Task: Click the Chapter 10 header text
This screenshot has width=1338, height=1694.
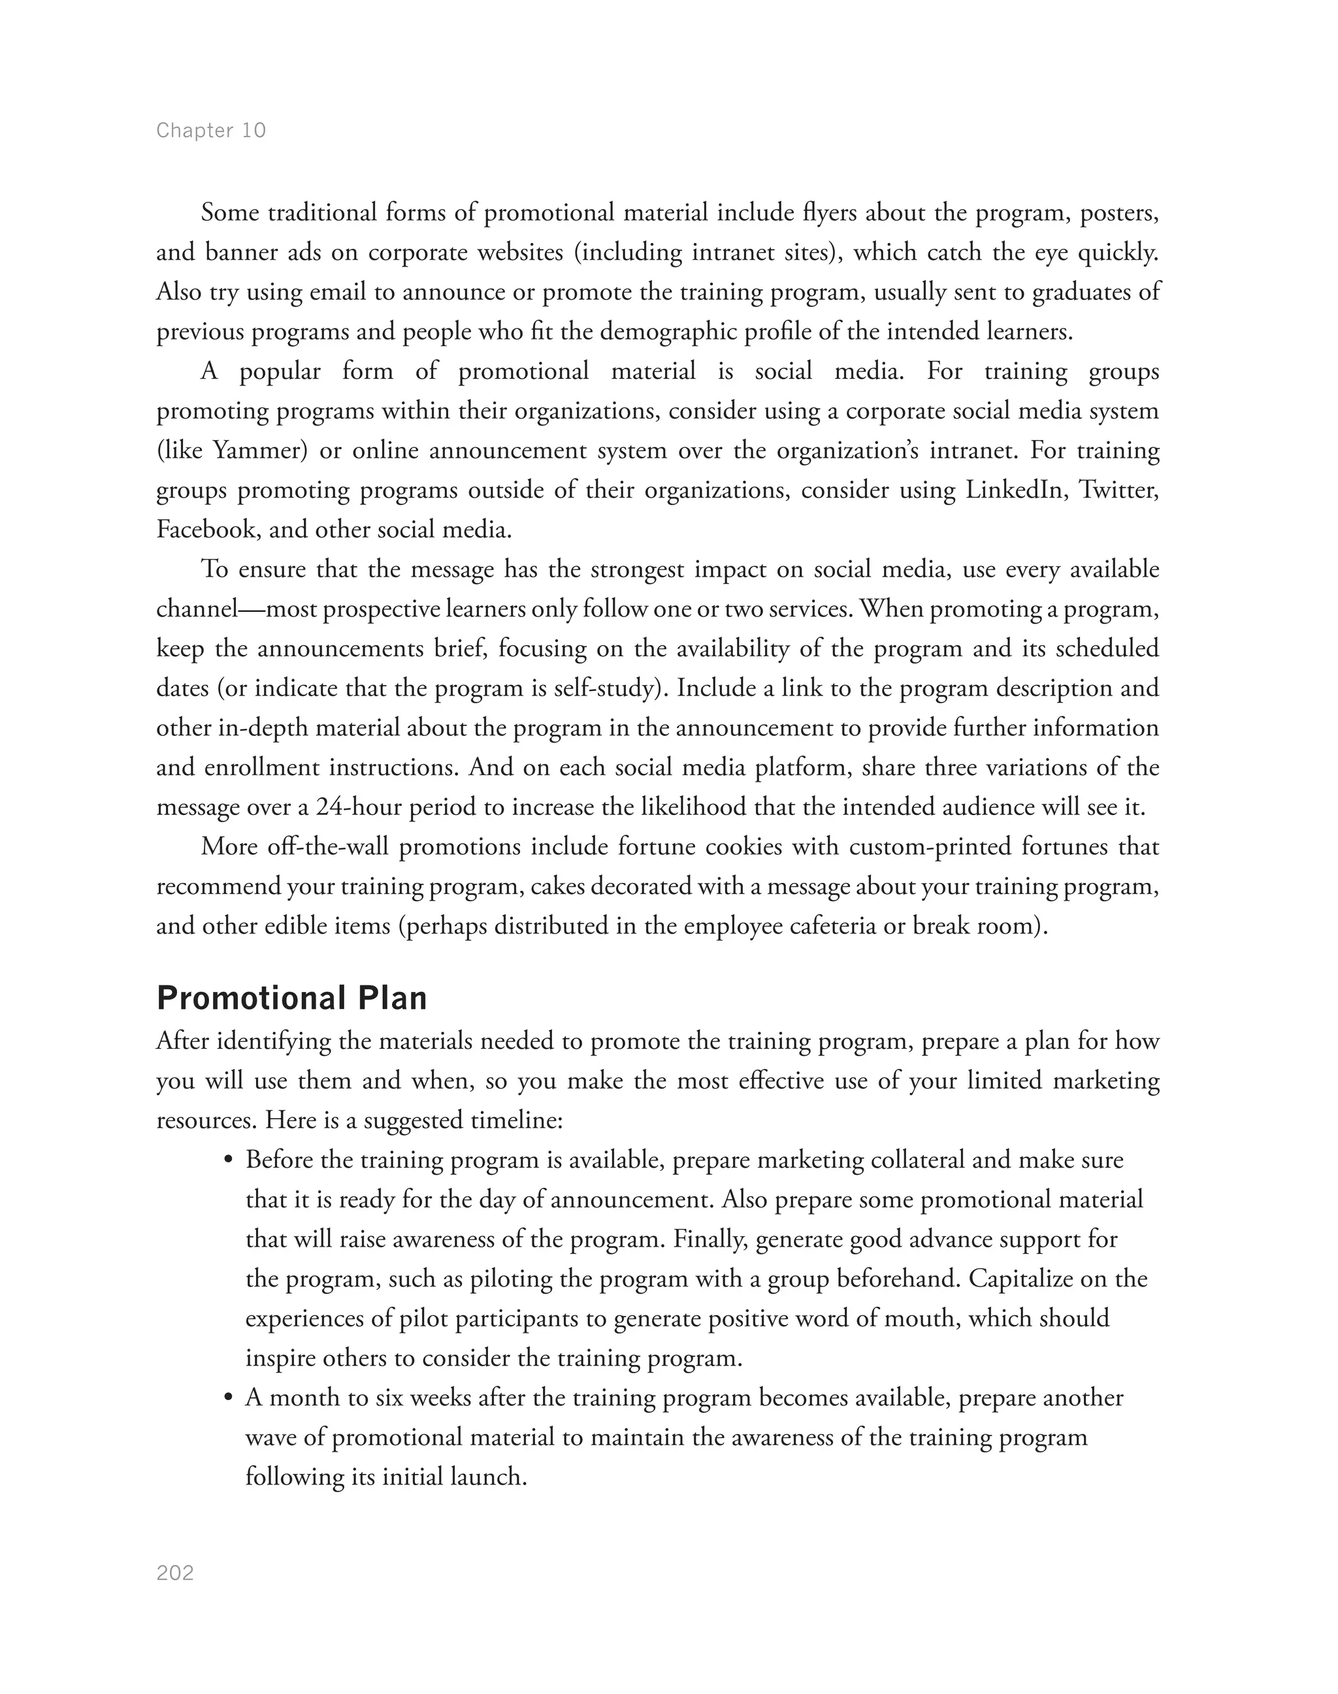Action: point(211,130)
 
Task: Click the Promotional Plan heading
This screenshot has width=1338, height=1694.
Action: point(291,999)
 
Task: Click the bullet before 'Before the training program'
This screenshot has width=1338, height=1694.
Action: point(229,1160)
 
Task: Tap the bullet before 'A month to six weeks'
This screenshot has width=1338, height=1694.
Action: point(229,1399)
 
